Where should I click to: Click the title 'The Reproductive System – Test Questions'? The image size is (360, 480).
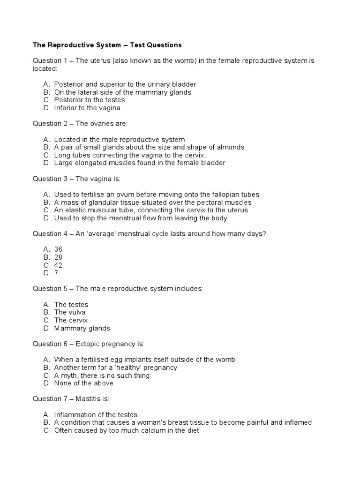(x=107, y=45)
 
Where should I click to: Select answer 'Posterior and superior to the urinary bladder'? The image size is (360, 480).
(x=125, y=84)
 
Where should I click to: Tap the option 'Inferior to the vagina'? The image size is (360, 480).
(x=87, y=108)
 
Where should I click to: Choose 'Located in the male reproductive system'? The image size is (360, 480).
(x=119, y=139)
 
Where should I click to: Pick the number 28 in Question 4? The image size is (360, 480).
(x=58, y=257)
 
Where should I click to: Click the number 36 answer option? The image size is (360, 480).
(x=58, y=249)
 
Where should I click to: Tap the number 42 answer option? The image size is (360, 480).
(x=58, y=265)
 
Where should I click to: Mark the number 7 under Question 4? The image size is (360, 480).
(x=56, y=273)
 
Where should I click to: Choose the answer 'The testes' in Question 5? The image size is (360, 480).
(x=71, y=305)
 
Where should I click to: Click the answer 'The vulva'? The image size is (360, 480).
(x=70, y=312)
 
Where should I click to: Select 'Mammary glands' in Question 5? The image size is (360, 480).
(x=82, y=328)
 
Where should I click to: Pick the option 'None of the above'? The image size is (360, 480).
(x=83, y=383)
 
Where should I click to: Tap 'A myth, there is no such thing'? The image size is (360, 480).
(x=102, y=375)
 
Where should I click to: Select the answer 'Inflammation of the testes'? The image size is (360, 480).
(x=96, y=415)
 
